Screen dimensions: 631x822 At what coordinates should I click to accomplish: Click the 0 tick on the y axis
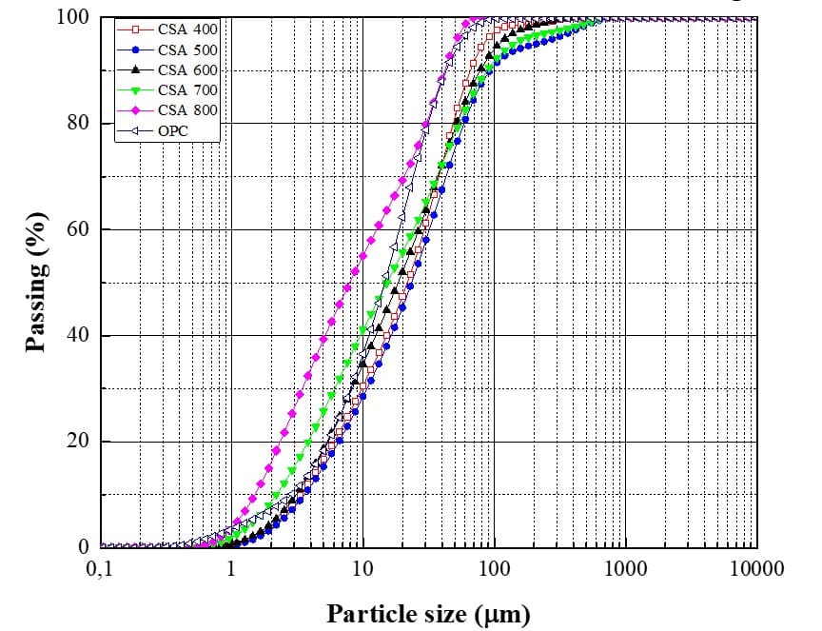point(84,547)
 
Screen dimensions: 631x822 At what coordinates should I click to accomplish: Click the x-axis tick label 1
point(230,569)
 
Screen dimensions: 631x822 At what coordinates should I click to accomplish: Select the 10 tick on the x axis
point(362,569)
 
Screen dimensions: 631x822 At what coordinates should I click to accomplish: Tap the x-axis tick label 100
point(494,569)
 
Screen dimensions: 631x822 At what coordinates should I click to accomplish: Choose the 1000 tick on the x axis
point(625,569)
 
